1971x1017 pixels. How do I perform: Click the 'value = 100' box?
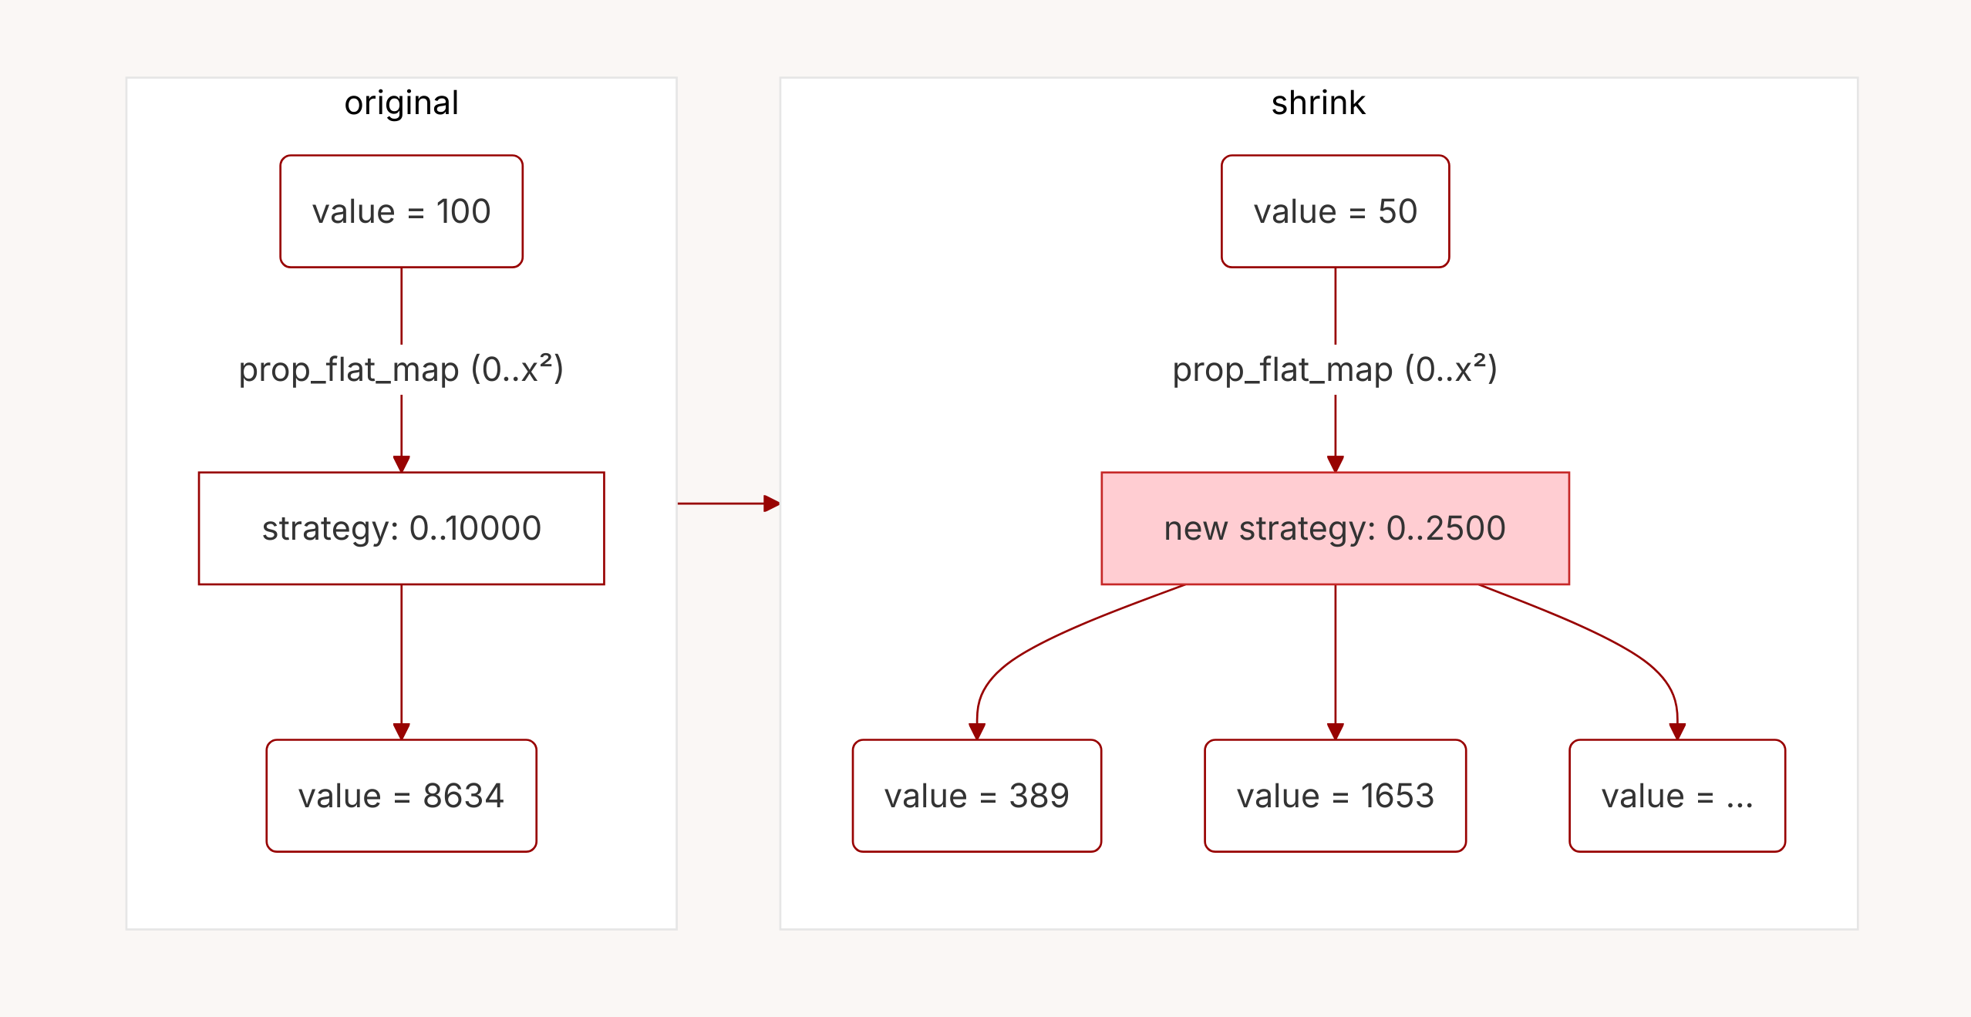[x=401, y=211]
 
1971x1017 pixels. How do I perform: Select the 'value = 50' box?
[x=1335, y=211]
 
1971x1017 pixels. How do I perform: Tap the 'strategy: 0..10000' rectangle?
[x=401, y=528]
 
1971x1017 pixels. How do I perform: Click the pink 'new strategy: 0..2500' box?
[x=1335, y=528]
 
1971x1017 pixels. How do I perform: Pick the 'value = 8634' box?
[x=401, y=796]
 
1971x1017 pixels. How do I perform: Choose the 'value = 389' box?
[x=976, y=796]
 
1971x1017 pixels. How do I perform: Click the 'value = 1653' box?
[x=1335, y=796]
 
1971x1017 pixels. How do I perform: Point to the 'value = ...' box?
[x=1676, y=796]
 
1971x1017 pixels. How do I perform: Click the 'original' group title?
[x=401, y=103]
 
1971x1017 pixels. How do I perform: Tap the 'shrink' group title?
[x=1318, y=103]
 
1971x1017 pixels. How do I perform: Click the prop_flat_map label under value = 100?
[x=401, y=369]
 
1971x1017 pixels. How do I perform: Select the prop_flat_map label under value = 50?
[x=1335, y=369]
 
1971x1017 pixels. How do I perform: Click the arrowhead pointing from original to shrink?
[x=771, y=503]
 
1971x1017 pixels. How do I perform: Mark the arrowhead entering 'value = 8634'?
[x=401, y=731]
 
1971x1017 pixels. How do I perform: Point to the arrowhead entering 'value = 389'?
[x=977, y=731]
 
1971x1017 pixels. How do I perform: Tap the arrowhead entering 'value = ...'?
[x=1677, y=731]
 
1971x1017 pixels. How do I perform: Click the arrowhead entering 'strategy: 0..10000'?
[x=401, y=463]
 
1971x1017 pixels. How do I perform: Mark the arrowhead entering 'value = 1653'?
[x=1336, y=731]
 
